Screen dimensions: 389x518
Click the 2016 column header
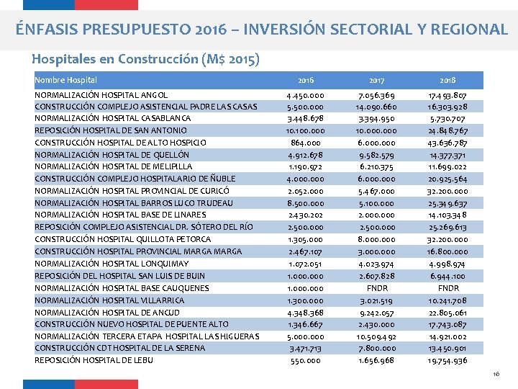[305, 80]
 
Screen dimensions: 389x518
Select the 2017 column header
[376, 80]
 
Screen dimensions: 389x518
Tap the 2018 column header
[448, 80]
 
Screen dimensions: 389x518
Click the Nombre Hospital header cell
[66, 80]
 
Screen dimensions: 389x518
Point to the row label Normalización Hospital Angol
[101, 95]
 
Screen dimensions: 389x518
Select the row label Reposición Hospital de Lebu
[94, 360]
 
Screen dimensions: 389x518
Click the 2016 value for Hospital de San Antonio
[306, 131]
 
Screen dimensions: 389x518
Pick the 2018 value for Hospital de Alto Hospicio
[448, 143]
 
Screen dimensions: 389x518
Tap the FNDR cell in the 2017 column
[376, 288]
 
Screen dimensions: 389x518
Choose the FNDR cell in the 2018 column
[448, 288]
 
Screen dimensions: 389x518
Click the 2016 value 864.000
[306, 143]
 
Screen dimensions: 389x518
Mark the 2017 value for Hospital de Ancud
[376, 312]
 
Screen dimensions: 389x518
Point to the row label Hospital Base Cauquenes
[122, 288]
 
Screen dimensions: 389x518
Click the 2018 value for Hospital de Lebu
[448, 360]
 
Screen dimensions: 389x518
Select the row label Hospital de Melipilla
[114, 167]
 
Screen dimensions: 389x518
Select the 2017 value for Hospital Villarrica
[376, 300]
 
